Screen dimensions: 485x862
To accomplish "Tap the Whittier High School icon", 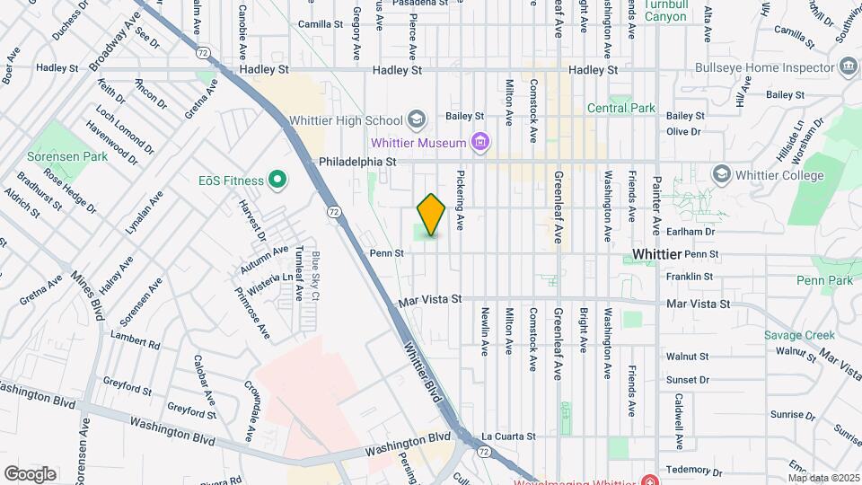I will [416, 120].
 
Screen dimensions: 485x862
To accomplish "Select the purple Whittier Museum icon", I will [480, 142].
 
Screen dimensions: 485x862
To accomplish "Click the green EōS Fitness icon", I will [277, 181].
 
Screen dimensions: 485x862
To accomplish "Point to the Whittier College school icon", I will [721, 174].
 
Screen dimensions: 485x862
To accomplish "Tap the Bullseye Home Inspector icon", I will [847, 67].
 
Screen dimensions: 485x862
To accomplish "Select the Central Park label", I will [621, 109].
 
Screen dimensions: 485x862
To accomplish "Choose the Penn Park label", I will [823, 281].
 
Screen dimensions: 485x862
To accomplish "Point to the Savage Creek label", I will [799, 335].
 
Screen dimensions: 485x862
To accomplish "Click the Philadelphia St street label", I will [358, 162].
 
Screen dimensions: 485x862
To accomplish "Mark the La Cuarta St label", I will [508, 436].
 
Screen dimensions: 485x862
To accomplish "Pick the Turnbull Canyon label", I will [664, 11].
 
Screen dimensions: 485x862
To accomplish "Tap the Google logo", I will [30, 473].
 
